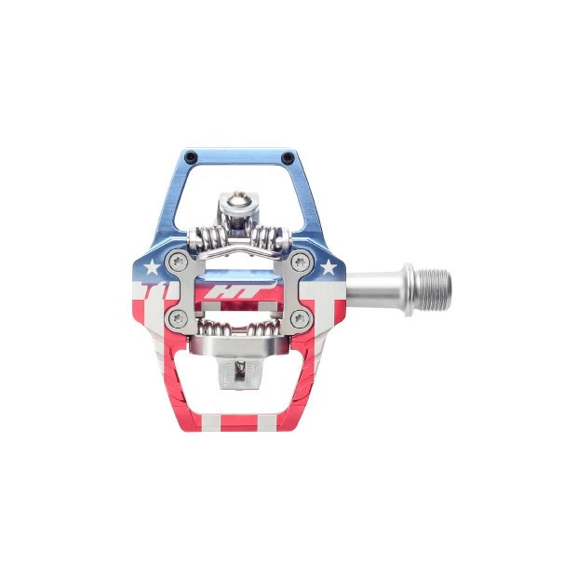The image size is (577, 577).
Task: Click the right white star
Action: (328, 269)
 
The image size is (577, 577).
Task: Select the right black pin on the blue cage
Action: (285, 155)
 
